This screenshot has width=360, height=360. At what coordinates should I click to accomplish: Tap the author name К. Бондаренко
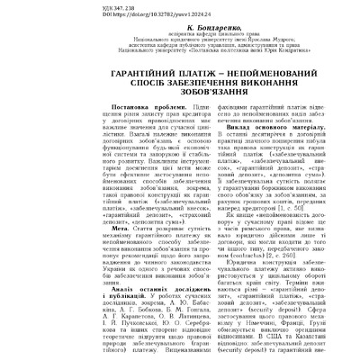pos(179,28)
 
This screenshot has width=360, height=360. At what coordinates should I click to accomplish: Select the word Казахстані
pos(314,337)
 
